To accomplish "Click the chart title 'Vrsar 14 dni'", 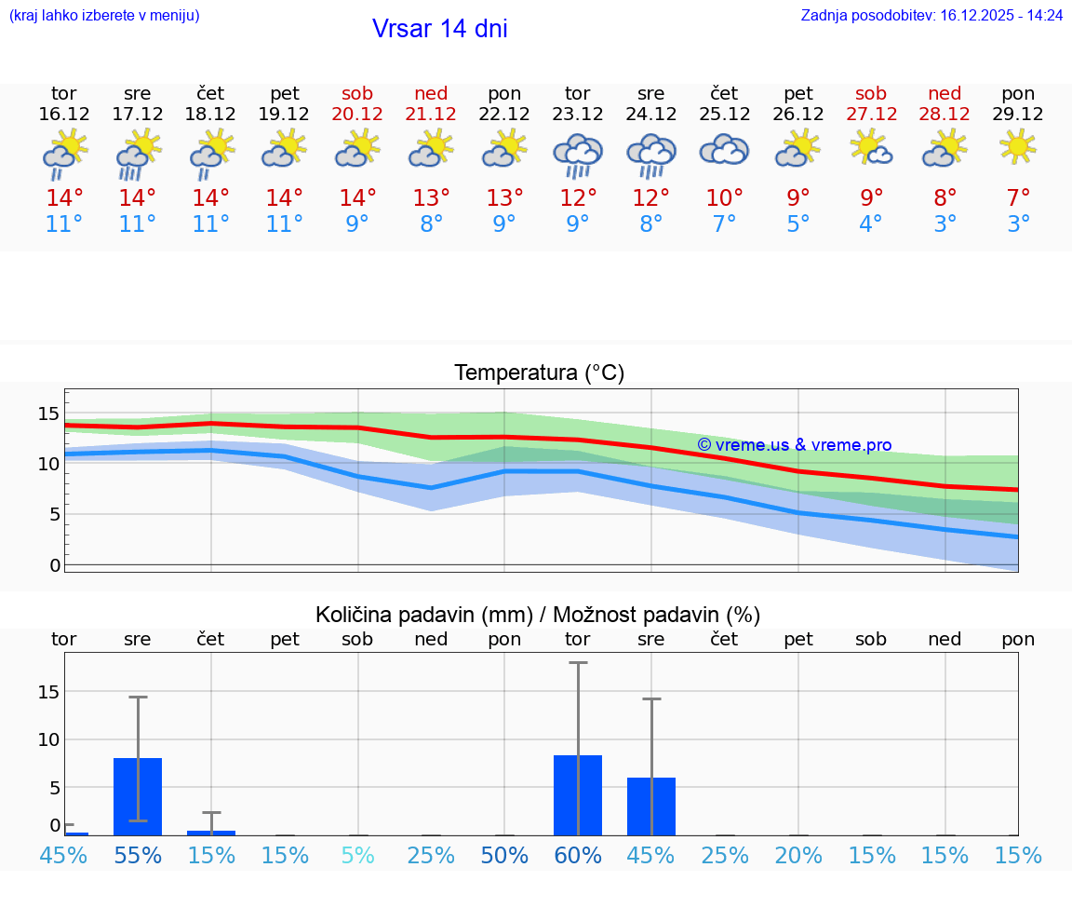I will (439, 29).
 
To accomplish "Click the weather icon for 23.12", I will (578, 155).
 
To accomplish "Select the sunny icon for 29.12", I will (1018, 146).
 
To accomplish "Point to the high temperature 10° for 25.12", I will (725, 198).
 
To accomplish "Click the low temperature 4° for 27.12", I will (871, 224).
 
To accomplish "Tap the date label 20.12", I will (357, 115).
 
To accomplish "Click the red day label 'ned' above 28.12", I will (945, 94).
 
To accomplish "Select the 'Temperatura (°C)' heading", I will (539, 373).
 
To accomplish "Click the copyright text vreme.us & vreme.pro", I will (794, 445).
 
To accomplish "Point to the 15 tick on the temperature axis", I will (48, 413).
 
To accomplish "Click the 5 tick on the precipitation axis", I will (54, 788).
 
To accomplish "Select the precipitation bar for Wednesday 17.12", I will (138, 797).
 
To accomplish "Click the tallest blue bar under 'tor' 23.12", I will (578, 795).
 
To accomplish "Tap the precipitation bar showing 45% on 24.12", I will (651, 806).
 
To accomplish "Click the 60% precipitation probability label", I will (578, 855).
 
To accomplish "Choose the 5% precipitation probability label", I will (357, 855).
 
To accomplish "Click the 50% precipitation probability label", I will (504, 855).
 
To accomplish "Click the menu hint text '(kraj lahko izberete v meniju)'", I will (104, 15).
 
